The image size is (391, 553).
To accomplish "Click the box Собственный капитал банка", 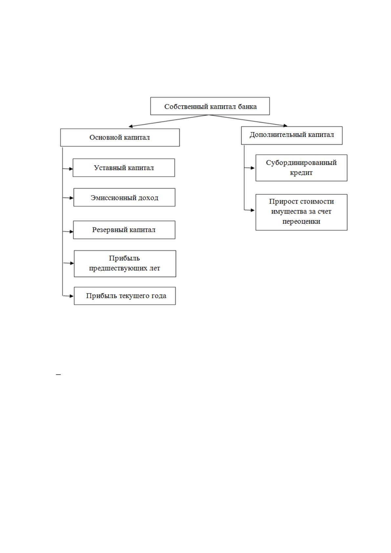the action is tap(210, 106).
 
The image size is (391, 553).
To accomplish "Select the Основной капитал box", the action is tap(120, 137).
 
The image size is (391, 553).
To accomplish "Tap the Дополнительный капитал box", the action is tap(292, 135).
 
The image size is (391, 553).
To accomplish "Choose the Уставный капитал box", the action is tap(124, 167).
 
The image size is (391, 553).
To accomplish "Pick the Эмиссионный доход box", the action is tap(124, 197).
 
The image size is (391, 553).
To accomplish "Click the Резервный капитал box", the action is tap(124, 230).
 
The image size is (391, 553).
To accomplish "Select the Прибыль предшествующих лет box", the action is tap(125, 264).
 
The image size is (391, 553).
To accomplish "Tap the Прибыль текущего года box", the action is tap(125, 296).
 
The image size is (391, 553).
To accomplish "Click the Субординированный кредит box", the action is tap(301, 168).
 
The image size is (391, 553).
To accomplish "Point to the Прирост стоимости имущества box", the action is tap(301, 212).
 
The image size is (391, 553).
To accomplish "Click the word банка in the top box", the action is tap(247, 107).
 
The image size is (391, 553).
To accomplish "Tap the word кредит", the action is tap(301, 173).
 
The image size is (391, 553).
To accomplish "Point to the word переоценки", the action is tap(301, 221).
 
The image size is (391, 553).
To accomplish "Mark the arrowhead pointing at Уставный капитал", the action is tap(71, 169).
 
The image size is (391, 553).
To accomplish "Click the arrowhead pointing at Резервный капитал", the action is tap(71, 232).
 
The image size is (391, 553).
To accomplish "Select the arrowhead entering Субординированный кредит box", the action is tap(252, 168).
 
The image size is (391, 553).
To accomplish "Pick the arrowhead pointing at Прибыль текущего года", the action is tap(72, 296).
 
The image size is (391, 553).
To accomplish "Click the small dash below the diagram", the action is tap(58, 375).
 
